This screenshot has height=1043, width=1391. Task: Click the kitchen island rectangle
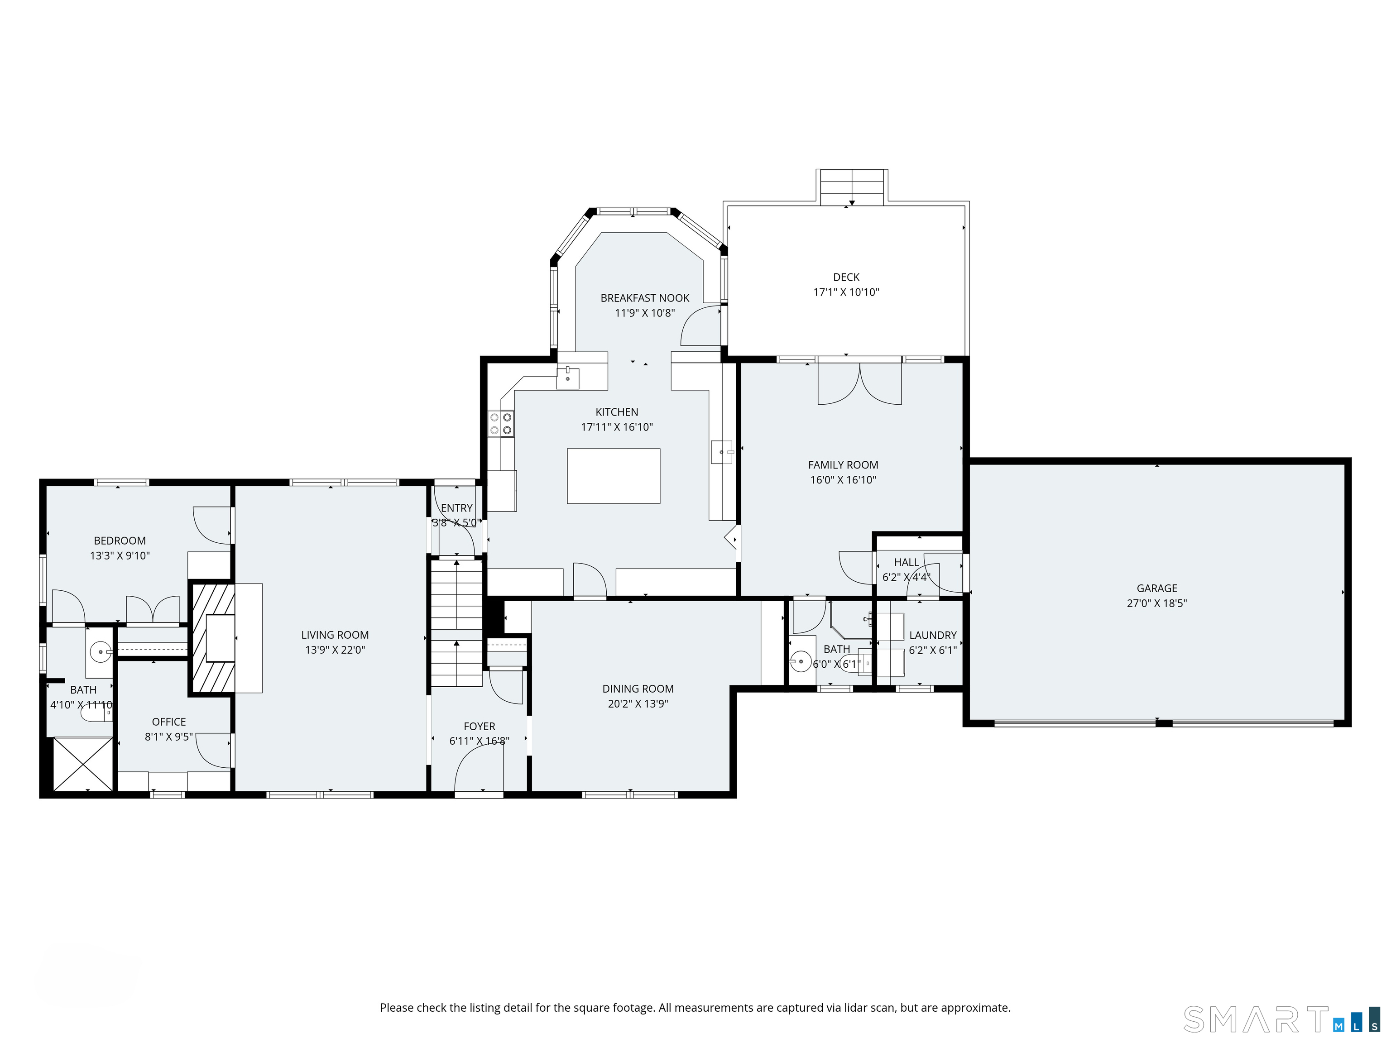tap(613, 476)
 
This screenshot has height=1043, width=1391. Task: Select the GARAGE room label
tap(1157, 588)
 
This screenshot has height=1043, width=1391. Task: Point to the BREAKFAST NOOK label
tap(645, 298)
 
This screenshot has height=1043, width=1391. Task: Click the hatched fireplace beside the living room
tap(212, 639)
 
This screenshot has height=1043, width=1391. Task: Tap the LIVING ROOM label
tap(335, 635)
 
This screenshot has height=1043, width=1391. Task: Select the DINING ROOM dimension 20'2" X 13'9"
tap(638, 704)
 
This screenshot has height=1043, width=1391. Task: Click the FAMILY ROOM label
tap(843, 465)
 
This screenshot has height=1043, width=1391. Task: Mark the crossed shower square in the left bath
tap(83, 763)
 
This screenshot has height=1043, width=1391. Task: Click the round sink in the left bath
tap(101, 652)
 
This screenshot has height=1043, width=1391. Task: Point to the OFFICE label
tap(168, 722)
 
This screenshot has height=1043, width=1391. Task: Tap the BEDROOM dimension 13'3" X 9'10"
tap(120, 556)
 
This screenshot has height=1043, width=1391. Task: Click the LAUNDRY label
tap(933, 636)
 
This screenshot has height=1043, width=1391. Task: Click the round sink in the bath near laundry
tap(800, 661)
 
